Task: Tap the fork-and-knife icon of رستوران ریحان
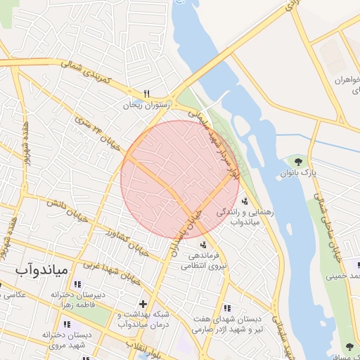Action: pos(147,94)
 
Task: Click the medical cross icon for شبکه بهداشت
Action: pos(143,304)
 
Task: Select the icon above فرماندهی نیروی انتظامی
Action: pos(203,245)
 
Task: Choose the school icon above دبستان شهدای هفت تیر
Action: pos(227,308)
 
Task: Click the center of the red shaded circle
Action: pos(179,179)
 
